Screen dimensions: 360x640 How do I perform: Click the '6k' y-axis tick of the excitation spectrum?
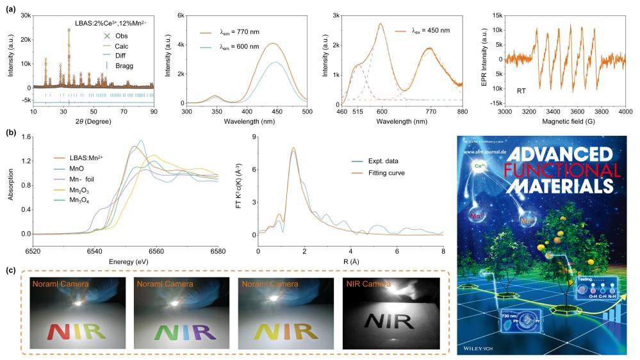181,15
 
